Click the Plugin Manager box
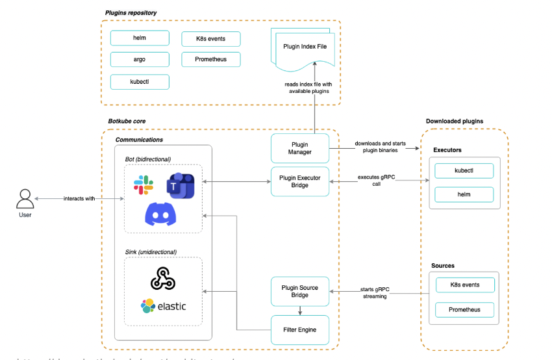(x=300, y=148)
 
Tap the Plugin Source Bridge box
(x=300, y=290)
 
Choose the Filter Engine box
(x=300, y=329)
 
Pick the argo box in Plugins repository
(x=140, y=60)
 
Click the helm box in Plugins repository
(x=140, y=38)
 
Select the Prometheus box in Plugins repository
(x=211, y=60)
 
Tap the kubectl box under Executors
(x=464, y=171)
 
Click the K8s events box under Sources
(x=464, y=285)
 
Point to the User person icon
(x=25, y=198)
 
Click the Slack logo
(x=144, y=185)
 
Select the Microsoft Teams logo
(x=180, y=186)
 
